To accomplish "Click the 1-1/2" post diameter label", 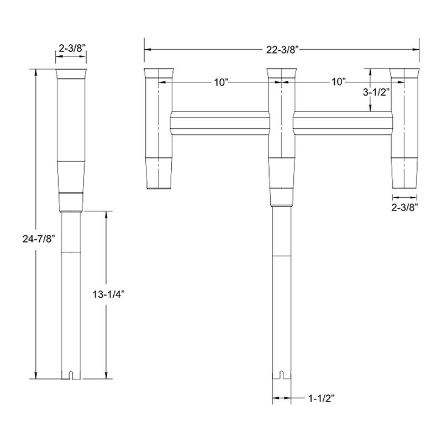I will click(x=323, y=397).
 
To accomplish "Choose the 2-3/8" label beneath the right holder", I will click(x=406, y=207).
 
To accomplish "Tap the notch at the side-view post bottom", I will click(x=71, y=376).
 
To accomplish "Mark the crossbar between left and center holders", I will click(x=219, y=122).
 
